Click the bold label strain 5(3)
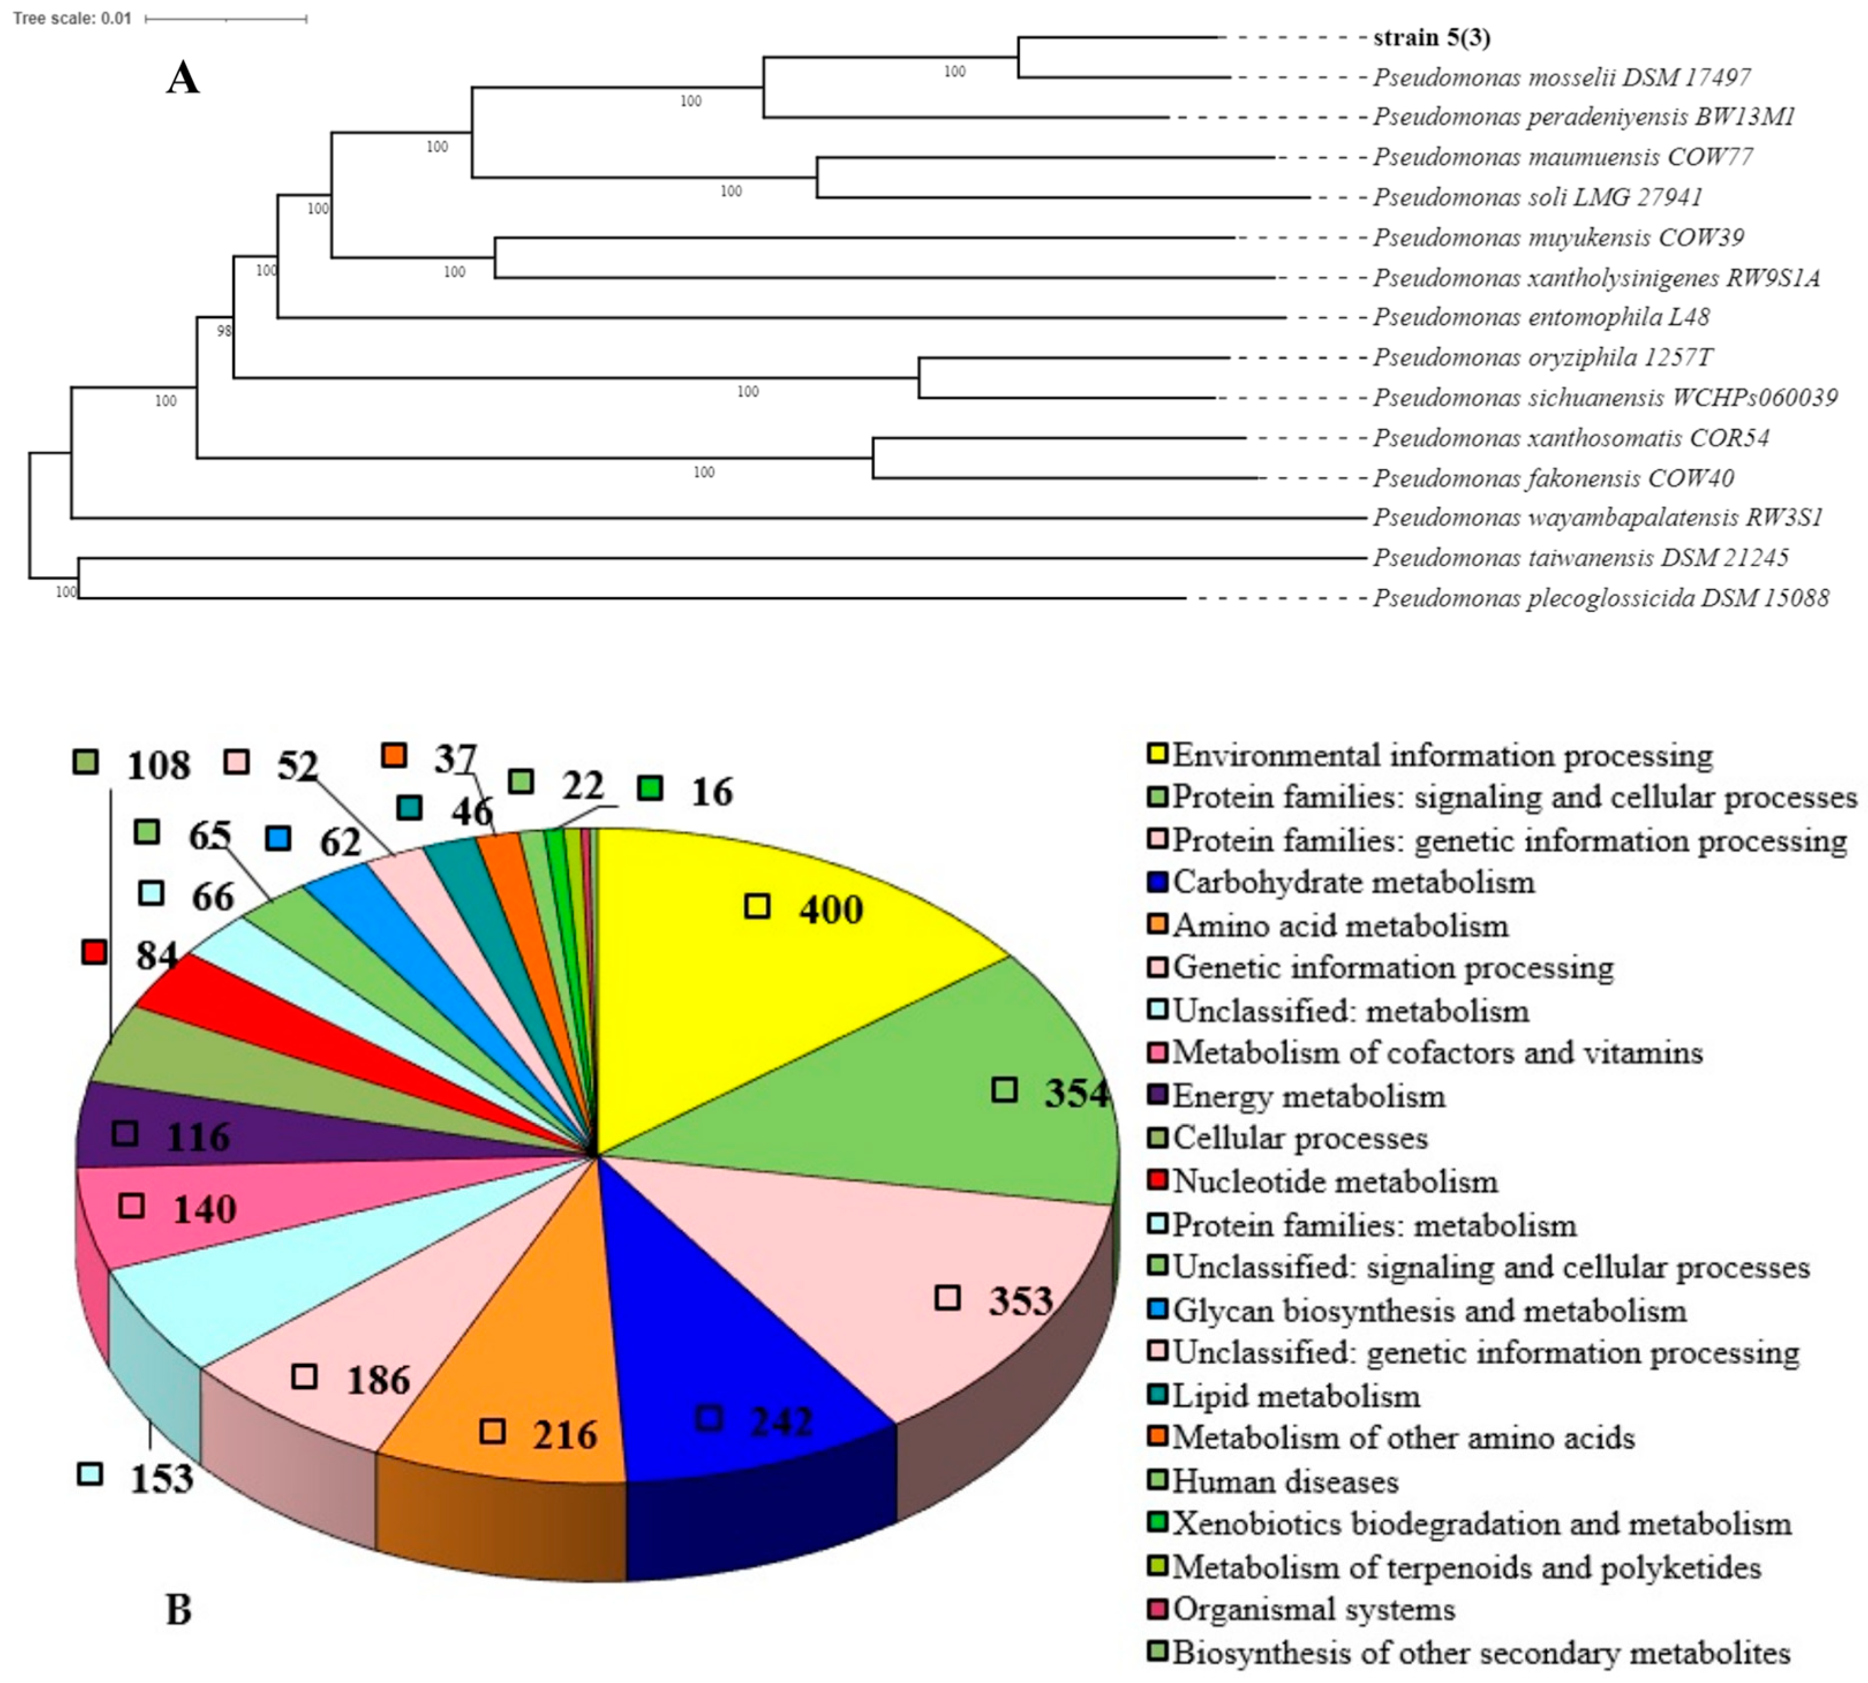pyautogui.click(x=1430, y=38)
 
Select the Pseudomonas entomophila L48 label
pyautogui.click(x=1541, y=317)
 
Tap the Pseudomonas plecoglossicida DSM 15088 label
pyautogui.click(x=1600, y=598)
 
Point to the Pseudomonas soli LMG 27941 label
pyautogui.click(x=1537, y=197)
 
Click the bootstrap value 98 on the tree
pyautogui.click(x=224, y=330)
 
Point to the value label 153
pyautogui.click(x=161, y=1478)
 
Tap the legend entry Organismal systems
pyautogui.click(x=1313, y=1610)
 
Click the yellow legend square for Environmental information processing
pyautogui.click(x=1157, y=754)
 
